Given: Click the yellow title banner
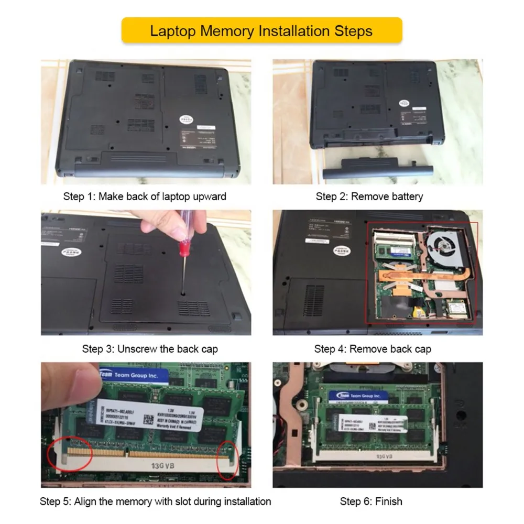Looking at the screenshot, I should pos(261,30).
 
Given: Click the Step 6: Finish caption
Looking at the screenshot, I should pos(370,501).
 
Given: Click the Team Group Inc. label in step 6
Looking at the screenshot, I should pos(361,396).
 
